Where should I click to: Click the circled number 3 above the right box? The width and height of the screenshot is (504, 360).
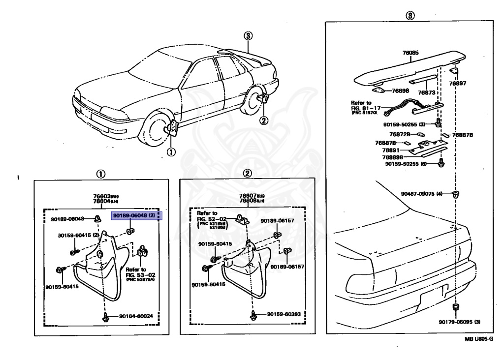pyautogui.click(x=409, y=15)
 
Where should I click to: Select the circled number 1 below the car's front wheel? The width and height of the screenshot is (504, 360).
pyautogui.click(x=170, y=151)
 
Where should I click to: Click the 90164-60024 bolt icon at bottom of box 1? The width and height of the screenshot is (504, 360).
pyautogui.click(x=106, y=318)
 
